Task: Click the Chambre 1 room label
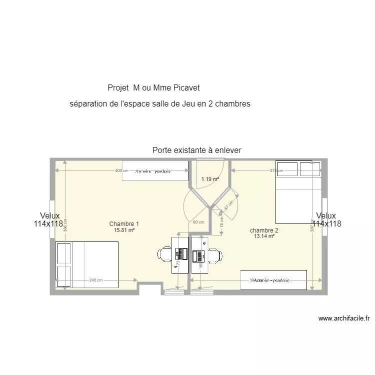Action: click(124, 224)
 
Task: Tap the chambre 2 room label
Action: click(264, 230)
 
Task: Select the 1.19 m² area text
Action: click(210, 179)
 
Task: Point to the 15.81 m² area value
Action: click(124, 230)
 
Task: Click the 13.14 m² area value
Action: click(264, 236)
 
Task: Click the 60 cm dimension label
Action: click(198, 222)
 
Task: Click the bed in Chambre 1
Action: click(86, 265)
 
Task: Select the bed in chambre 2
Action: click(298, 192)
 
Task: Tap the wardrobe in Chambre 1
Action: click(155, 170)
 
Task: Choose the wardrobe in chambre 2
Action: click(273, 280)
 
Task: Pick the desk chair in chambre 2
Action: click(215, 255)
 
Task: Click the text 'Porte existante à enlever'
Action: click(197, 150)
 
